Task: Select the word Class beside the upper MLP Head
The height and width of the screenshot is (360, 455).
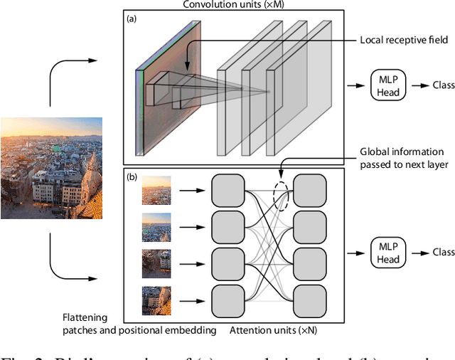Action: click(444, 85)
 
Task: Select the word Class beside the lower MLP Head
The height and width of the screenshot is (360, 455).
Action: click(444, 253)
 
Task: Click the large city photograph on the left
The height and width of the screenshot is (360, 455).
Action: click(51, 168)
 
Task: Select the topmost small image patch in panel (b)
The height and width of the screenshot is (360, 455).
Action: click(156, 191)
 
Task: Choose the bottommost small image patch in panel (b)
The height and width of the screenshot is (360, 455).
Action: click(156, 300)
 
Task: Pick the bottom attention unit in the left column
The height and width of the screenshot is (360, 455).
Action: click(228, 300)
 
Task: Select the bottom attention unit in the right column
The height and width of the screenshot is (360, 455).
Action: click(309, 300)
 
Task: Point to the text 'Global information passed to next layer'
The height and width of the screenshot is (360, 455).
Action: click(401, 157)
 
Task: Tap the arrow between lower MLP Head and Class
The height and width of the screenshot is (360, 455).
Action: click(421, 253)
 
